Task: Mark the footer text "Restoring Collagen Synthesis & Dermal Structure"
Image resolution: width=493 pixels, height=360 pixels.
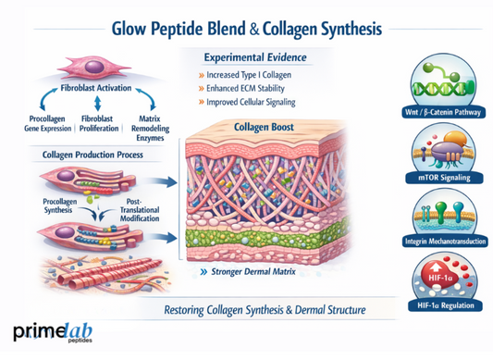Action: tap(263, 308)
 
